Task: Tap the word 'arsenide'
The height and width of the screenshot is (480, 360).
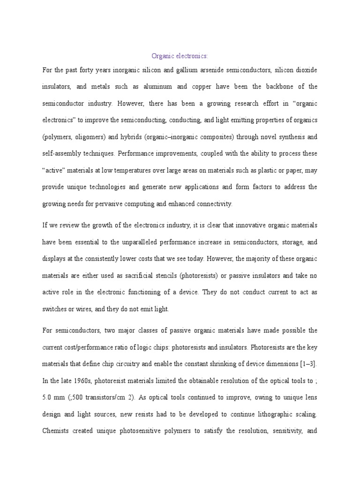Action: coord(189,70)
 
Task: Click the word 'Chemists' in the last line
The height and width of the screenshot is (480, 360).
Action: coord(56,431)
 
